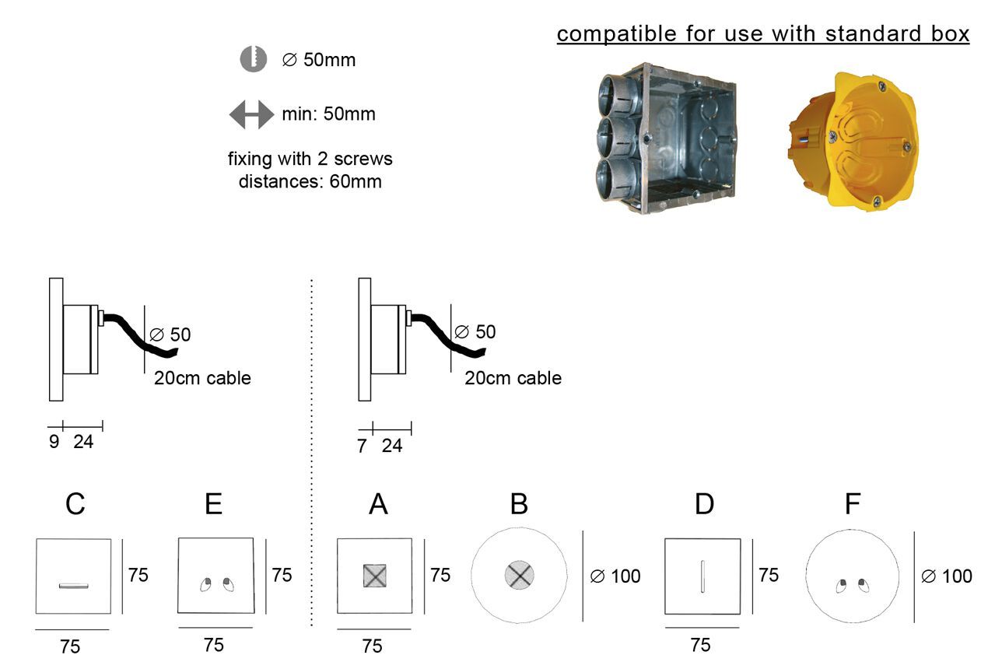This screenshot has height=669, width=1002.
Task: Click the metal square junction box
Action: click(x=668, y=138)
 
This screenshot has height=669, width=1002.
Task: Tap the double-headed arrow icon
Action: click(x=251, y=114)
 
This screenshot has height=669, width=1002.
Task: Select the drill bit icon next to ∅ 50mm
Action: click(x=254, y=59)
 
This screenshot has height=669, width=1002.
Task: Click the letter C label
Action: click(x=75, y=504)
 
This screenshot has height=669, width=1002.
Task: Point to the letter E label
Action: click(x=213, y=504)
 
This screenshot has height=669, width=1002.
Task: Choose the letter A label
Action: click(x=378, y=504)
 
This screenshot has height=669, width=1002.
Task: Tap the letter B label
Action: click(x=519, y=504)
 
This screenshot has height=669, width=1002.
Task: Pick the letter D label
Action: click(x=703, y=504)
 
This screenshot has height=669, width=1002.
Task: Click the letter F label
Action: click(x=853, y=504)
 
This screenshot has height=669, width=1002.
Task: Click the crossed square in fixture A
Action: click(x=375, y=576)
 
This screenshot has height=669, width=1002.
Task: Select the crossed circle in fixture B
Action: click(x=519, y=576)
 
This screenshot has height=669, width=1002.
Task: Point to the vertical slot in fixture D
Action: click(x=702, y=576)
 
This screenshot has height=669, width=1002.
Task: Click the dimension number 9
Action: click(x=54, y=442)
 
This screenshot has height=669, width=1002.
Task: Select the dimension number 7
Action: click(x=362, y=447)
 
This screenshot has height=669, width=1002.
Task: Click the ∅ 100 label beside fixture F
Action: click(x=946, y=576)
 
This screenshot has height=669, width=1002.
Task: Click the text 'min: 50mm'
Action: click(x=328, y=114)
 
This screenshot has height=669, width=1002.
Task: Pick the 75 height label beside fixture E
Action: click(x=282, y=575)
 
